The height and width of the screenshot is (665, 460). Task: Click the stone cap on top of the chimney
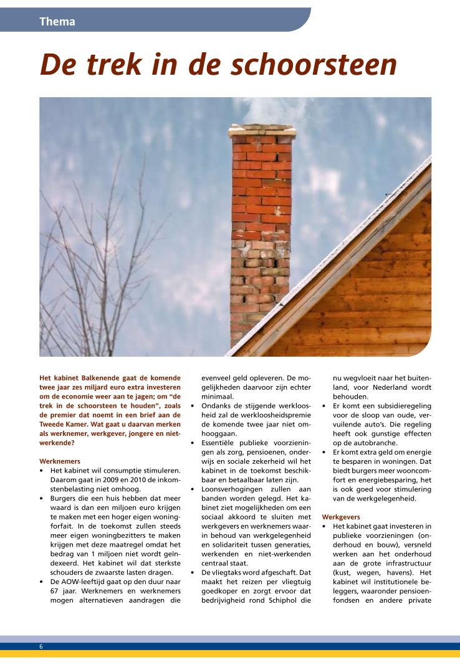pos(262,131)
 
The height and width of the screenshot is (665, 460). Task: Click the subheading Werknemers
pos(60,461)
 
